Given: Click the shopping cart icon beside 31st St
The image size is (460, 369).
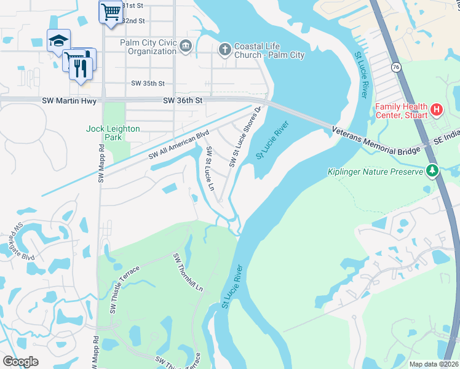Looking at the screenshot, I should click(x=111, y=11).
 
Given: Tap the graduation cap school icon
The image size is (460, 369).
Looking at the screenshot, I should click(x=58, y=41).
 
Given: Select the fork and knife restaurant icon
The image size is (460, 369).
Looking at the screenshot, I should click(x=81, y=66).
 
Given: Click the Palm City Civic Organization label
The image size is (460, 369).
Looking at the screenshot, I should click(x=148, y=47).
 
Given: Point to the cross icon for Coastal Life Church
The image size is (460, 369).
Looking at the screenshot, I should click(x=225, y=48).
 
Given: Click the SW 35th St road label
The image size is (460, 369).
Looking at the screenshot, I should click(x=148, y=83).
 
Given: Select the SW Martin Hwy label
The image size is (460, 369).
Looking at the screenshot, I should click(x=67, y=100).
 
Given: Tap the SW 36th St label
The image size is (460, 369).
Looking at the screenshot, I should click(x=183, y=100).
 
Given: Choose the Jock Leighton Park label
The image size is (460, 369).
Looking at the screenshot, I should click(x=113, y=133).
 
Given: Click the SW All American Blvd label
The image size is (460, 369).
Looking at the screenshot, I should click(x=179, y=146).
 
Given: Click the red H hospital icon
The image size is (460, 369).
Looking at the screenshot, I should click(x=437, y=109).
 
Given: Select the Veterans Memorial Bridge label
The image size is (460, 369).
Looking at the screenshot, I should click(x=376, y=140).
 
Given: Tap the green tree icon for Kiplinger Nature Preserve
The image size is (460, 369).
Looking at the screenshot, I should click(x=432, y=170).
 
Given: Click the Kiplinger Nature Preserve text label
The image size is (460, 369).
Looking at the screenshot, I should click(x=376, y=172).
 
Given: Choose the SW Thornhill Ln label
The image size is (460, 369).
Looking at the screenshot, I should click(x=188, y=271).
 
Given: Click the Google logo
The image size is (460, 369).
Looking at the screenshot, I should click(x=21, y=361).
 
